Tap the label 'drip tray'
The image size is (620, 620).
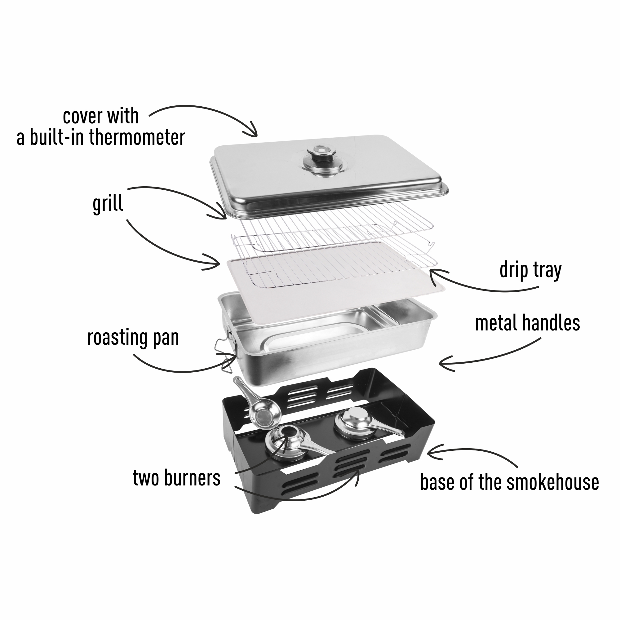click(530, 271)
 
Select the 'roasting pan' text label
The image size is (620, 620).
click(133, 338)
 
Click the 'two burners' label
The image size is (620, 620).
click(176, 478)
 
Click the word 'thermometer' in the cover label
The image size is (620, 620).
click(137, 137)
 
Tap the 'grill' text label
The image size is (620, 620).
click(108, 204)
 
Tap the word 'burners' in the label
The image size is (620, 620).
click(192, 478)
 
